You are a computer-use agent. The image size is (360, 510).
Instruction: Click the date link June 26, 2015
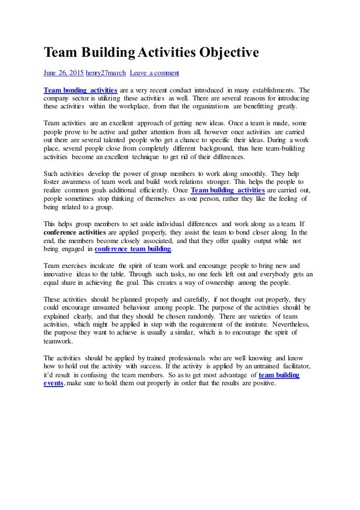[63, 73]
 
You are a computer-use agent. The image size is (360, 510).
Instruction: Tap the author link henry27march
[105, 73]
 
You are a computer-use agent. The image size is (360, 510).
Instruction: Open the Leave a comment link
[154, 73]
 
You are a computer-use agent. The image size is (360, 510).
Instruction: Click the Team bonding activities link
[80, 90]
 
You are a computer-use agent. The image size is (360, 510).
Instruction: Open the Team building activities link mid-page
[228, 190]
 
